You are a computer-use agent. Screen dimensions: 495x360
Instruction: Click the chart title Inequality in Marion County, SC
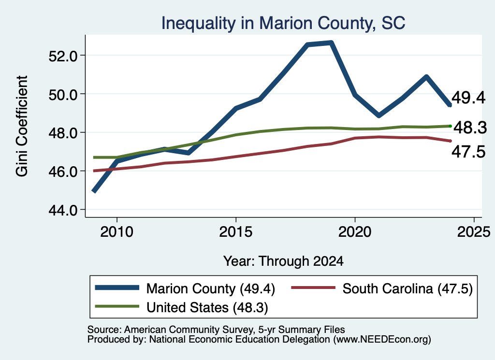pyautogui.click(x=283, y=23)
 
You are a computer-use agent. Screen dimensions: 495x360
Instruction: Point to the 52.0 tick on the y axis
pyautogui.click(x=63, y=56)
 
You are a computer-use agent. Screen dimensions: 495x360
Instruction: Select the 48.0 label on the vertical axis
pyautogui.click(x=63, y=133)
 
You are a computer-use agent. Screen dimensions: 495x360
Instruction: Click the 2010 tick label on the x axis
pyautogui.click(x=117, y=232)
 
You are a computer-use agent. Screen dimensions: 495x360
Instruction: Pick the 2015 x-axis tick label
pyautogui.click(x=236, y=232)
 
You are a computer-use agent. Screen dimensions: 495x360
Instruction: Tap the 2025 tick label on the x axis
pyautogui.click(x=474, y=232)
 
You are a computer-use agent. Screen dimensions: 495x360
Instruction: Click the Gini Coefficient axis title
pyautogui.click(x=22, y=126)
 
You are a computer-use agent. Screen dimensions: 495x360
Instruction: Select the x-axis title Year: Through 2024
pyautogui.click(x=283, y=261)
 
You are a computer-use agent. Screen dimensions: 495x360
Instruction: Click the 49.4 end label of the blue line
pyautogui.click(x=468, y=98)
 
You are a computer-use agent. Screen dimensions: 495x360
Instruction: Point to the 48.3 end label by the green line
pyautogui.click(x=470, y=128)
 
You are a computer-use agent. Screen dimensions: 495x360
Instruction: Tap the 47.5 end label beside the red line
pyautogui.click(x=468, y=152)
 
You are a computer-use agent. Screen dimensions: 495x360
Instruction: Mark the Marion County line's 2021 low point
pyautogui.click(x=379, y=115)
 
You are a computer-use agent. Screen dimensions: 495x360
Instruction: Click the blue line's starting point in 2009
pyautogui.click(x=94, y=191)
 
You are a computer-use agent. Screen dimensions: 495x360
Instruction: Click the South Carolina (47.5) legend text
pyautogui.click(x=408, y=288)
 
